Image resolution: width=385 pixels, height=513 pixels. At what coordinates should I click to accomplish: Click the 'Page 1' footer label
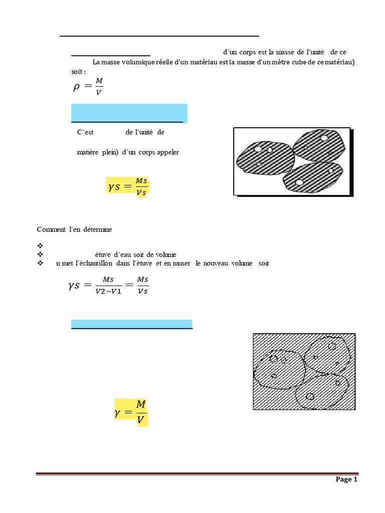(346, 479)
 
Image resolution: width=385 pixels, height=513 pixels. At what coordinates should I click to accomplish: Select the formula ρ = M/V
(88, 87)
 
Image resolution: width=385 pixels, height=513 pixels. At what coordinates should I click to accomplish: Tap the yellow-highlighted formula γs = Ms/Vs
(128, 186)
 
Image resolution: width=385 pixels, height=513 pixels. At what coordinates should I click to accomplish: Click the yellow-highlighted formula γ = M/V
(131, 412)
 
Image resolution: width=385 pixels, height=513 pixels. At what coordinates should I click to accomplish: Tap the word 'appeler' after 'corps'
(167, 152)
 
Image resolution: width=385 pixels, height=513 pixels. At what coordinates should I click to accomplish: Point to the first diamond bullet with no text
(41, 246)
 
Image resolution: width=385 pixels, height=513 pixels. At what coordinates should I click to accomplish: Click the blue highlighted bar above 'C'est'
(129, 113)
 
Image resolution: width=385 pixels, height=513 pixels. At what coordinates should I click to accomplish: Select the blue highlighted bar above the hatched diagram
(132, 324)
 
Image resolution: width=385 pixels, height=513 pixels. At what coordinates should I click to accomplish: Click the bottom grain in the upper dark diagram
(312, 177)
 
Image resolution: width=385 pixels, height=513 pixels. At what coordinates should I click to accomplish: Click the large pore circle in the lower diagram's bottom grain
(310, 397)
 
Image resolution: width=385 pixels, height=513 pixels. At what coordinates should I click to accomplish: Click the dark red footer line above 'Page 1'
(198, 473)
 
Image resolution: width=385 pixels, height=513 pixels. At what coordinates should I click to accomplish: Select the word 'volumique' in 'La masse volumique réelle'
(133, 62)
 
